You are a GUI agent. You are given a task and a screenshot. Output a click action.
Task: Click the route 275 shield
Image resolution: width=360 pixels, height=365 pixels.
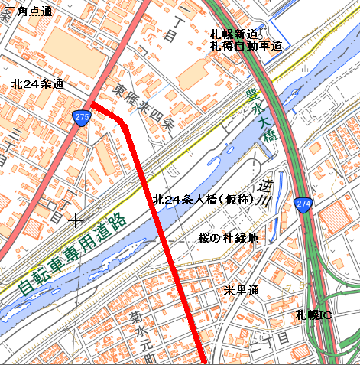point(82,116)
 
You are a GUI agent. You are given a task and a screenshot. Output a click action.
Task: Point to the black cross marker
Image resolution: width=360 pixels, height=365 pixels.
point(75,221)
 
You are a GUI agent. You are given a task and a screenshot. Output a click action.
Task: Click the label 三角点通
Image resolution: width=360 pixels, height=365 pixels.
point(28,11)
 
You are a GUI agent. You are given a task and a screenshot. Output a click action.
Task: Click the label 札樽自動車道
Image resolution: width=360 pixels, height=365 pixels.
point(246,46)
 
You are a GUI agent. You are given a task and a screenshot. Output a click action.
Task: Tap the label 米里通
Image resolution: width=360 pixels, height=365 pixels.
point(242,291)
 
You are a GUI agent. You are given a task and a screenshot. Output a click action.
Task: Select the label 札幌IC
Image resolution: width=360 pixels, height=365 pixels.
point(313,314)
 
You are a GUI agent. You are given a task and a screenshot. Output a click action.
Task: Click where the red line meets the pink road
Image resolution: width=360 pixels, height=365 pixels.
point(91,104)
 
